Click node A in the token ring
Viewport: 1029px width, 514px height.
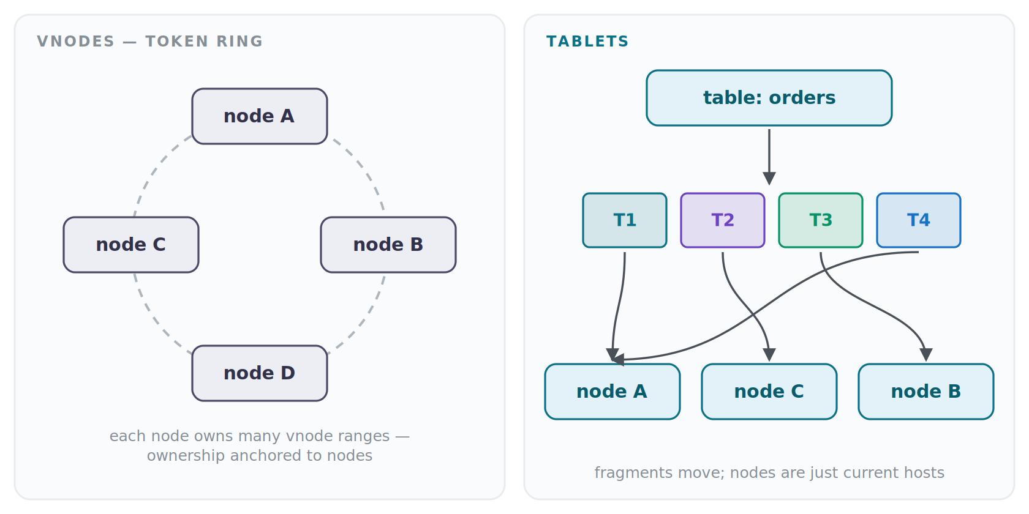point(260,116)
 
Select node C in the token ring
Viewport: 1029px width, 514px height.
point(131,245)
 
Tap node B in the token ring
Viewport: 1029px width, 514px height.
point(388,245)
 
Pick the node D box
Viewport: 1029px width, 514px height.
point(260,373)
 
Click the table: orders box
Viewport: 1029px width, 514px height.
point(769,98)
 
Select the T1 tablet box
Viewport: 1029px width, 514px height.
point(625,220)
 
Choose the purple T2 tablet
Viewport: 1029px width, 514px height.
point(723,220)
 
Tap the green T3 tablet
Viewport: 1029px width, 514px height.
point(821,220)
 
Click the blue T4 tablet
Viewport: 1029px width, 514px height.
point(919,220)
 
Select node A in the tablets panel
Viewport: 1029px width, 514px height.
point(612,392)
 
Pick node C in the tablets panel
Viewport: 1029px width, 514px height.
point(769,392)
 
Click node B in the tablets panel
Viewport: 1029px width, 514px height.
point(926,392)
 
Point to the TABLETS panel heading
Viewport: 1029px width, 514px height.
point(587,42)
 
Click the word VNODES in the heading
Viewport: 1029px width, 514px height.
point(76,42)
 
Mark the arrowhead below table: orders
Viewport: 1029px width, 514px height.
point(769,179)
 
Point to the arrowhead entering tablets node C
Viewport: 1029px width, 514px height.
point(769,355)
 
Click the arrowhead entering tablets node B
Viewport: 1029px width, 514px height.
point(926,355)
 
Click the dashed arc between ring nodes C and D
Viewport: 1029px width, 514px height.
point(156,321)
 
